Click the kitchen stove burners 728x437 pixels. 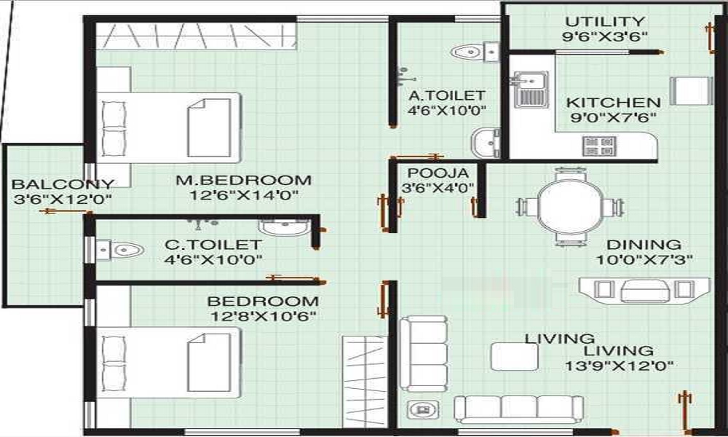pos(599,145)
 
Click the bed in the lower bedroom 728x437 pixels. pos(169,362)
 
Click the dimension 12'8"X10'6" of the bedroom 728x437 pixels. pos(263,316)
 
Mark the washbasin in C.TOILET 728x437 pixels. pos(285,227)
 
